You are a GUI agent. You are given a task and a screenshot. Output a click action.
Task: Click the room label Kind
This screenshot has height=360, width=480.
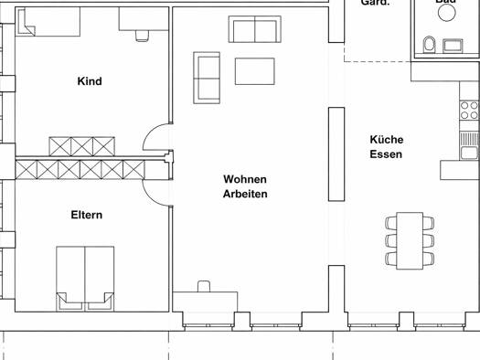click(90, 81)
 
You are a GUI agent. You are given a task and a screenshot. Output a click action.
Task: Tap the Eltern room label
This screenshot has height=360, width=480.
click(87, 216)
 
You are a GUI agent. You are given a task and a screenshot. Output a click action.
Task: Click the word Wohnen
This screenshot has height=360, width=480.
click(245, 180)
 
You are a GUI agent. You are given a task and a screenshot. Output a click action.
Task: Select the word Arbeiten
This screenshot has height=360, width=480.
click(245, 195)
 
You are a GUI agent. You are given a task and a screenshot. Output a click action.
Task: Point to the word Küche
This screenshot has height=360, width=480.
click(386, 140)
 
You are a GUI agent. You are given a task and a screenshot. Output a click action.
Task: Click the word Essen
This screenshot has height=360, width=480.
click(386, 154)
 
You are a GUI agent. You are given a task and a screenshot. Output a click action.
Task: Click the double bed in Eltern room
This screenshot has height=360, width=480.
click(85, 274)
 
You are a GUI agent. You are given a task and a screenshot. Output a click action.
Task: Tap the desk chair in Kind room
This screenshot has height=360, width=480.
click(142, 36)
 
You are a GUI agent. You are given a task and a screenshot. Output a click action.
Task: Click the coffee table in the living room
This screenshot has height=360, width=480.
click(255, 71)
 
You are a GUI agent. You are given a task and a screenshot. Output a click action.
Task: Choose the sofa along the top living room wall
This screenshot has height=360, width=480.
click(255, 30)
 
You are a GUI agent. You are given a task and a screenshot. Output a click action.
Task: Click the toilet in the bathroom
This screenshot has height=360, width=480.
click(429, 43)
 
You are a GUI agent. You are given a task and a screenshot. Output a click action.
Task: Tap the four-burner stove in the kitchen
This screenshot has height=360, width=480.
click(469, 111)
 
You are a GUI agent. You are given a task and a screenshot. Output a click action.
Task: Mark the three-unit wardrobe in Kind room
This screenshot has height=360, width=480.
click(83, 146)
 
